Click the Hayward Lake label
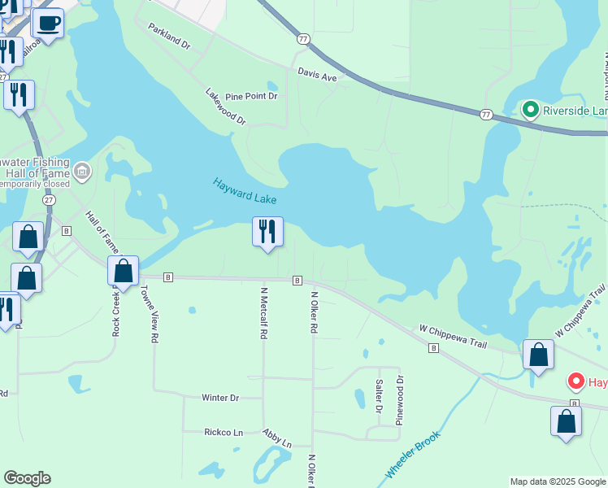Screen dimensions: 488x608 click(245, 192)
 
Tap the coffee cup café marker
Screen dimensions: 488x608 click(48, 24)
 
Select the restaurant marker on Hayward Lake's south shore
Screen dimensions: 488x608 click(267, 233)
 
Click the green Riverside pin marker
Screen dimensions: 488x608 click(531, 109)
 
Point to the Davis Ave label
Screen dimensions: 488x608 click(317, 74)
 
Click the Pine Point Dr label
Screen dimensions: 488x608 click(251, 96)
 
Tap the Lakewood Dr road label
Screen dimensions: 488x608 click(225, 107)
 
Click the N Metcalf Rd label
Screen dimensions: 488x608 click(263, 312)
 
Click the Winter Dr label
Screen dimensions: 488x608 click(220, 398)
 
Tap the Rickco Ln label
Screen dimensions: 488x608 click(224, 432)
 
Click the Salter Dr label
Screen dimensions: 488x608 click(379, 395)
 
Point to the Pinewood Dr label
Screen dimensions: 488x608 click(399, 400)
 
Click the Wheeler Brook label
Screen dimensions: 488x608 click(411, 455)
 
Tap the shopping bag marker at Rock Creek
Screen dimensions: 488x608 click(124, 271)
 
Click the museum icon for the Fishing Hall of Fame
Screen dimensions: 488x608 click(81, 172)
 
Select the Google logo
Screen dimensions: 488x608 click(27, 478)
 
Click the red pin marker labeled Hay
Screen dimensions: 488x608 click(575, 381)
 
